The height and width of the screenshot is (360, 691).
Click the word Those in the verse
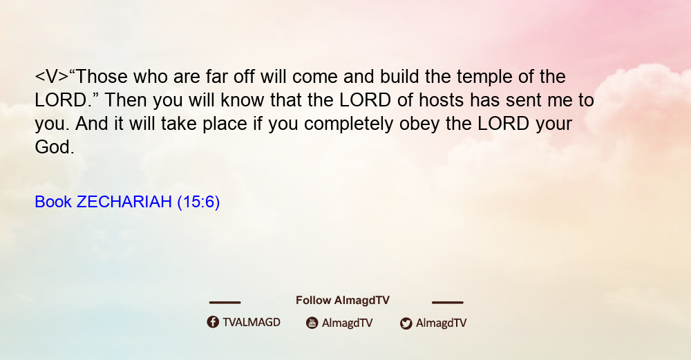click(102, 77)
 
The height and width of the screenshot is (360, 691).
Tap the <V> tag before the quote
click(52, 77)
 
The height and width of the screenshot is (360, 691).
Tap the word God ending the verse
click(54, 147)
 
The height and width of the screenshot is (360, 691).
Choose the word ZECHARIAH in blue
click(124, 202)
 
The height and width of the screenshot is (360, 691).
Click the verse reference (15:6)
click(198, 202)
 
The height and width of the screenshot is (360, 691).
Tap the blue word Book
click(53, 202)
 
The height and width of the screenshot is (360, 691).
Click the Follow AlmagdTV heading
click(343, 301)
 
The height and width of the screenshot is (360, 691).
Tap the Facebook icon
click(213, 322)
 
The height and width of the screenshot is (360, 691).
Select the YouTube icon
click(312, 323)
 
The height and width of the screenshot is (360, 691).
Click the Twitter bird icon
click(406, 323)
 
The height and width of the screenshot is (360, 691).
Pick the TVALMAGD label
click(252, 323)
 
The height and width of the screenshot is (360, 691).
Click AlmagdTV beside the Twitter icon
click(441, 323)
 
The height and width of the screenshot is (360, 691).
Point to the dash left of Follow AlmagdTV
click(225, 302)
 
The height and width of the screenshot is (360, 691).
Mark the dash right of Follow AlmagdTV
click(448, 302)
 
